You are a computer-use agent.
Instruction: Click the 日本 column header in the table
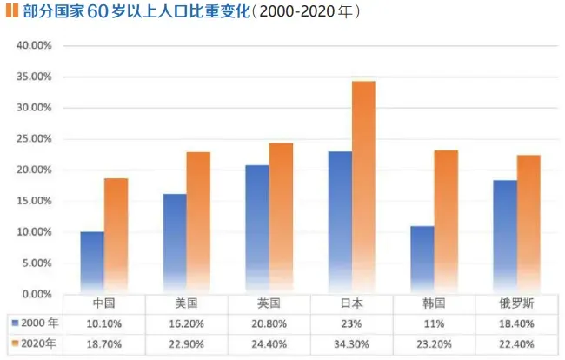click(351, 303)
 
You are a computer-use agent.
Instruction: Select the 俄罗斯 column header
click(516, 303)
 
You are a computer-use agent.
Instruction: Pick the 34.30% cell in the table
click(351, 344)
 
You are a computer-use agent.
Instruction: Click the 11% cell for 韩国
click(434, 323)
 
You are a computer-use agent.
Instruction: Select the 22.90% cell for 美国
click(186, 344)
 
